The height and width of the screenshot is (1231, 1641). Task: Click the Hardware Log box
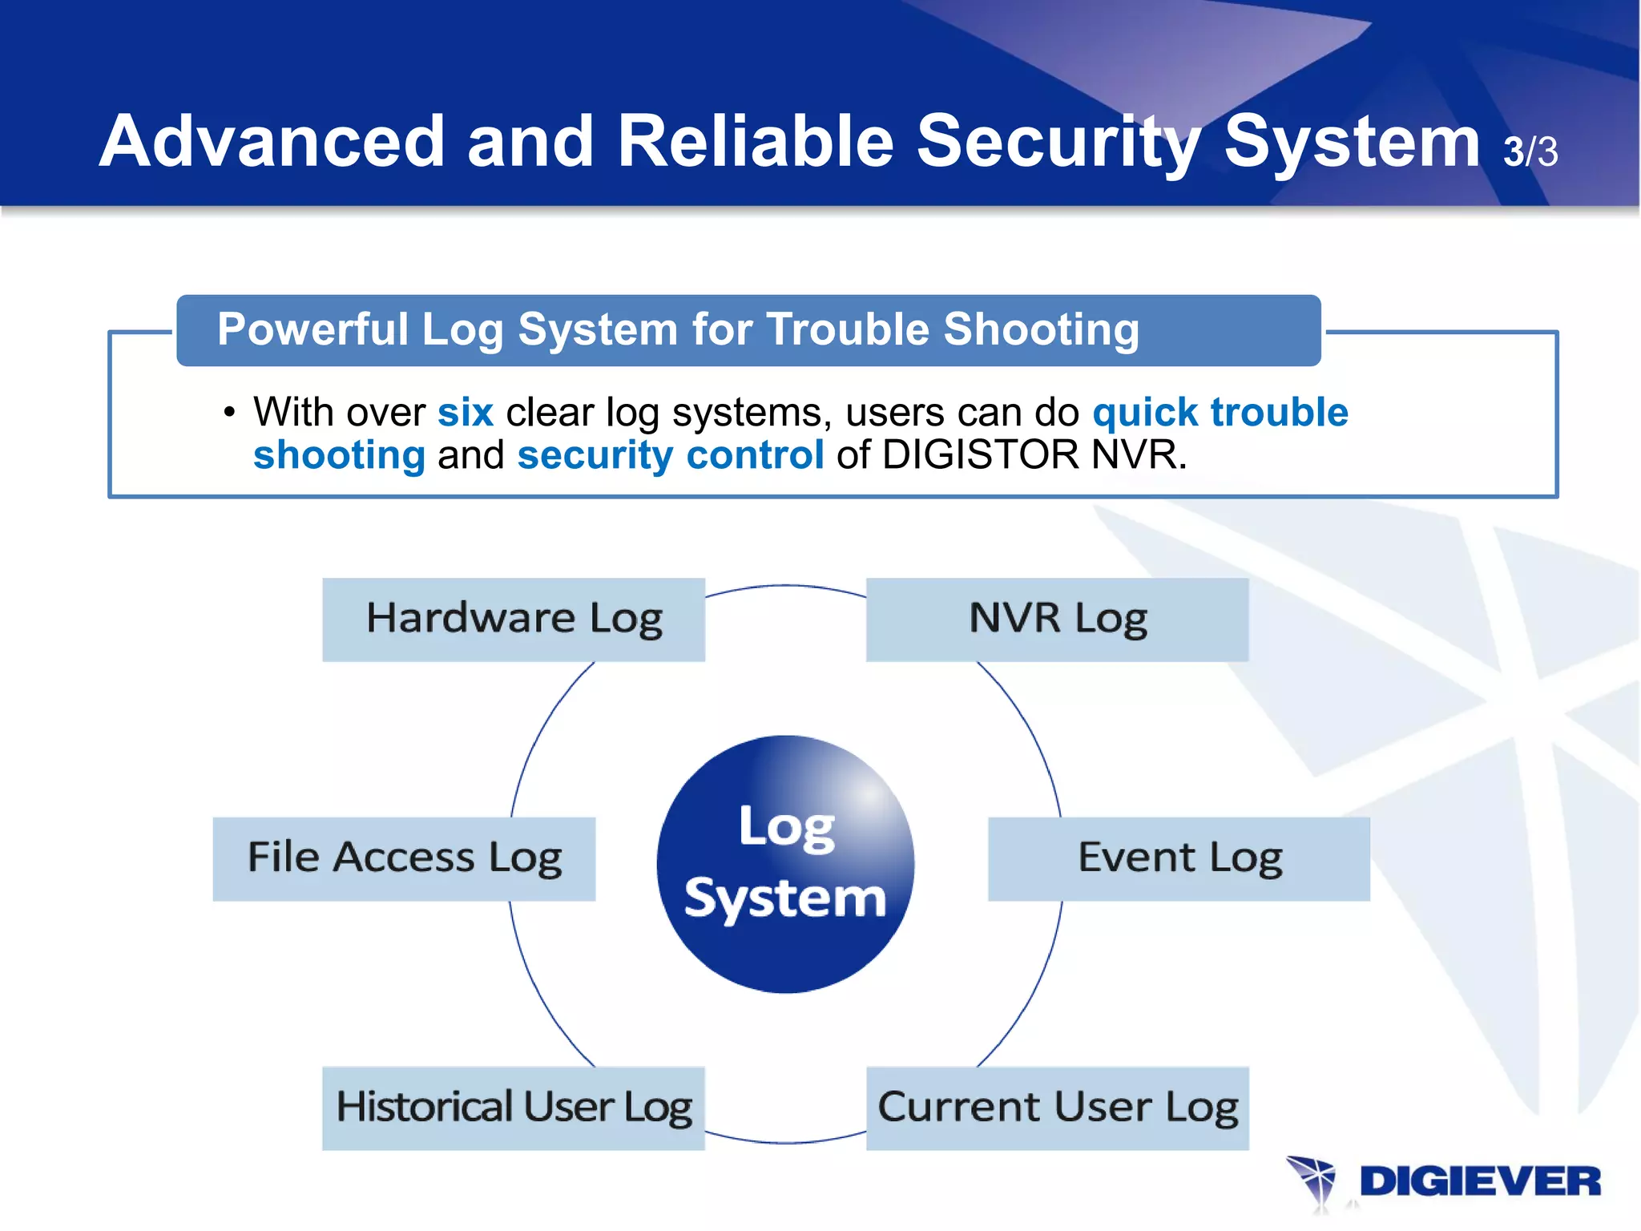tap(514, 620)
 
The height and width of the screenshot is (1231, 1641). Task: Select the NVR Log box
tap(1057, 620)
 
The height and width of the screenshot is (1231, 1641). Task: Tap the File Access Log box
tap(404, 858)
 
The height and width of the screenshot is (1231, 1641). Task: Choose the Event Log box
tap(1179, 858)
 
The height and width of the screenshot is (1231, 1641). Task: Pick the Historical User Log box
tap(514, 1108)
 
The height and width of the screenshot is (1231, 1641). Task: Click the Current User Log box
tap(1057, 1108)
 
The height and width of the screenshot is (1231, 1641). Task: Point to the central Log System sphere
tap(785, 864)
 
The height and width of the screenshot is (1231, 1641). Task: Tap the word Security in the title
tap(1058, 143)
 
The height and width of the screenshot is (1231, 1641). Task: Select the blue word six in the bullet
tap(465, 413)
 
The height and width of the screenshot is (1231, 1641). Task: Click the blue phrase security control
tap(670, 455)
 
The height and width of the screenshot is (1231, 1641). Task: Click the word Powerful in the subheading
tap(312, 330)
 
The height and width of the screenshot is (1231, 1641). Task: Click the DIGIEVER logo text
tap(1479, 1182)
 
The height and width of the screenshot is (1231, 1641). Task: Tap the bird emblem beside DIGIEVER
tap(1312, 1181)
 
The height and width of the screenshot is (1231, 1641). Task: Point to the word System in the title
tap(1351, 143)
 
